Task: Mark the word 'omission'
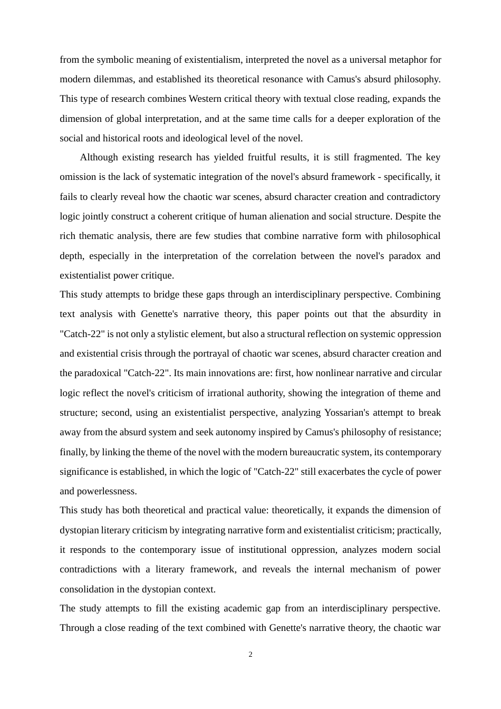tap(78, 177)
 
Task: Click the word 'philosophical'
tap(413, 236)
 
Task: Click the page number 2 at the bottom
tap(250, 655)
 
